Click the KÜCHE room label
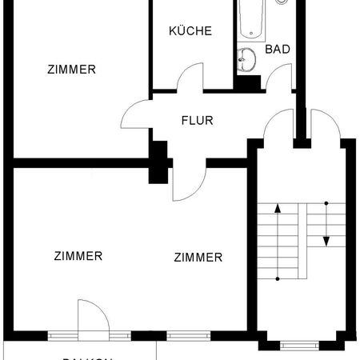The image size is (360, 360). coord(190,31)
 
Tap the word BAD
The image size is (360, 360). coord(278,49)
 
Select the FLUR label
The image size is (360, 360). coord(197,122)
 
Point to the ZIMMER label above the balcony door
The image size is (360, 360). coord(78,256)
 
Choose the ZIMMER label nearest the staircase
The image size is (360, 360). coord(198,257)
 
